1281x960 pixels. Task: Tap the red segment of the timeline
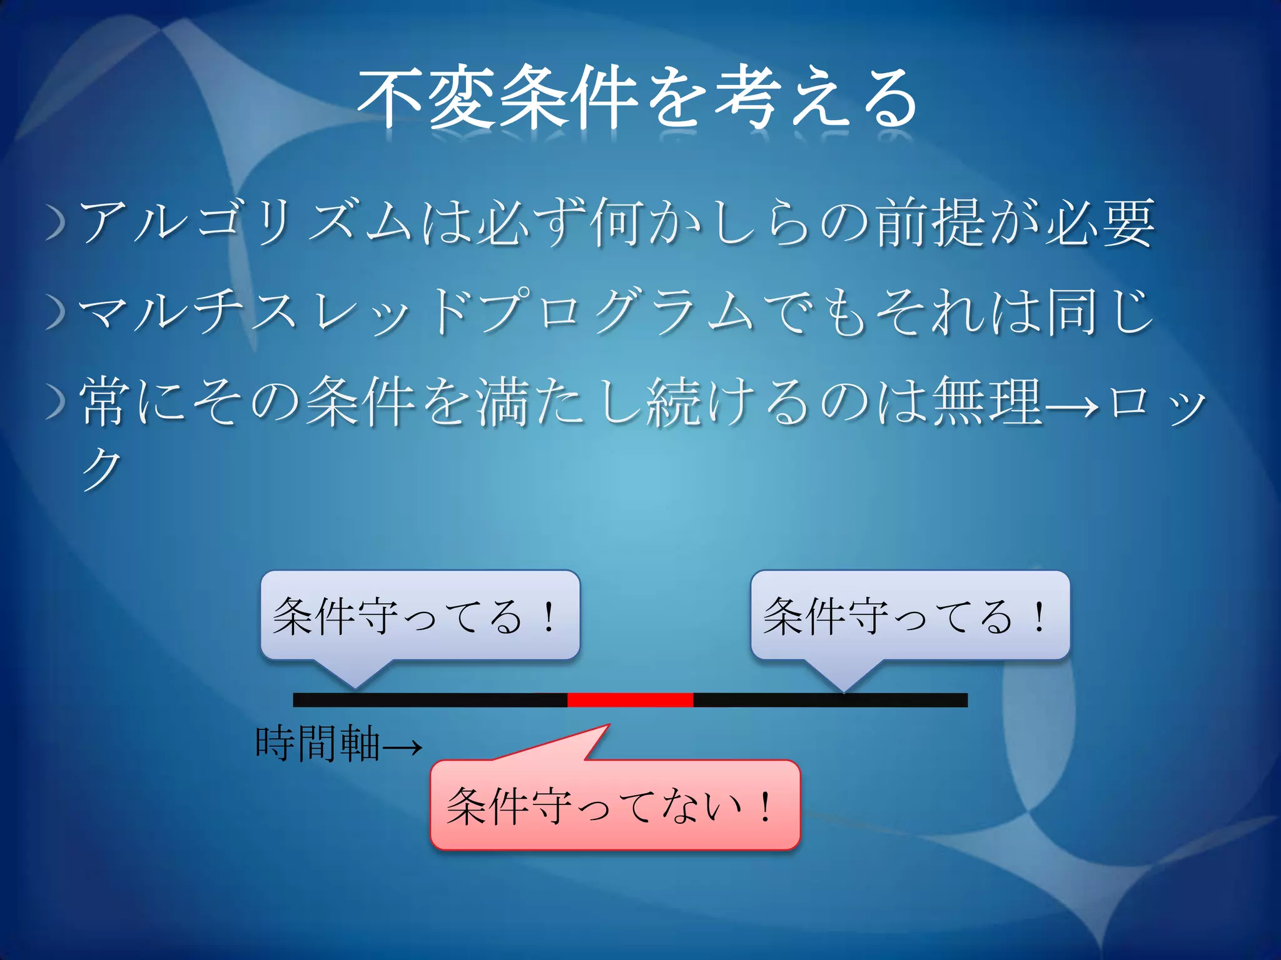[630, 700]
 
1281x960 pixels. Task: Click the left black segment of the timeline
[430, 700]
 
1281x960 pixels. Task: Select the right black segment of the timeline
[830, 700]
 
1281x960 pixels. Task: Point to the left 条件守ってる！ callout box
[420, 615]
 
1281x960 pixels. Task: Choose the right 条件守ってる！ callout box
[910, 615]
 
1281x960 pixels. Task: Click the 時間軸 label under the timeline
[318, 744]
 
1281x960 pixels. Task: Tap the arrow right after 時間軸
[402, 746]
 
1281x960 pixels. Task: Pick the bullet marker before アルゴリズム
[56, 225]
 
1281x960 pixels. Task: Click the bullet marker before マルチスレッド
[56, 312]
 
